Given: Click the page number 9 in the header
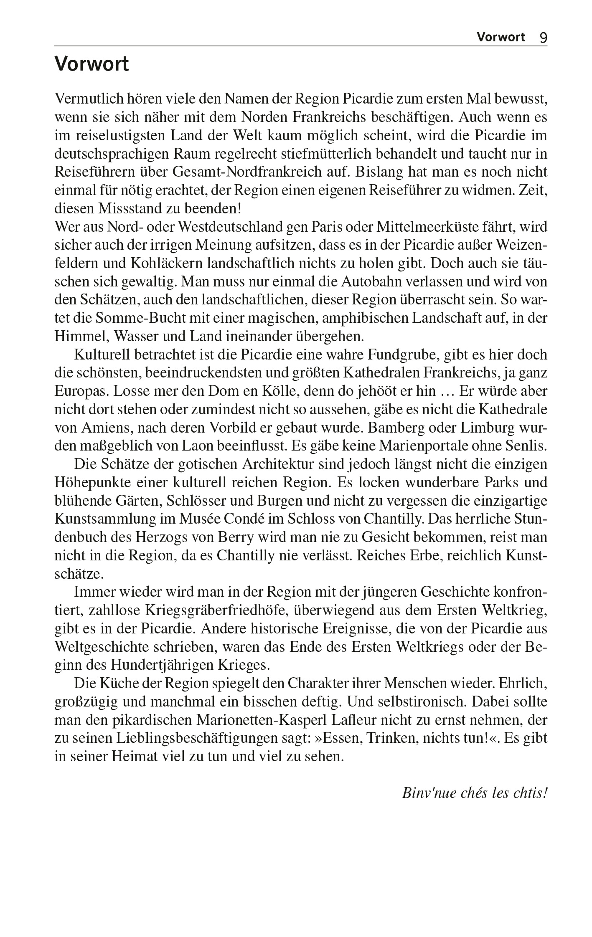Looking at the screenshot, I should [543, 38].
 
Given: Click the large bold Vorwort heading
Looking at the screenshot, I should [91, 65].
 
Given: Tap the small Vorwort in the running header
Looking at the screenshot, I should [501, 37].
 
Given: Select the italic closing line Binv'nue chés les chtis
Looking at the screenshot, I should [475, 793].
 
